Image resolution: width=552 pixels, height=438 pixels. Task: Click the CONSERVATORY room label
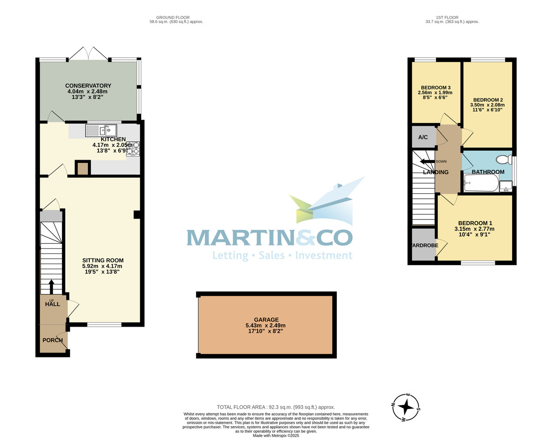88,86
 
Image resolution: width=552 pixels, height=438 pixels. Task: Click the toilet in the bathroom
504,160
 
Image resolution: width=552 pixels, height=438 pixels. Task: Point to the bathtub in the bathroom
481,183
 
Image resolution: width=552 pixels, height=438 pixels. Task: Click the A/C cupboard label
423,137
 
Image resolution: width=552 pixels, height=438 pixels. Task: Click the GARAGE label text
266,320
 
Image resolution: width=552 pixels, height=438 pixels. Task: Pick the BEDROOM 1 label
474,223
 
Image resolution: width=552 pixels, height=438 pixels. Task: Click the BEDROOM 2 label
488,100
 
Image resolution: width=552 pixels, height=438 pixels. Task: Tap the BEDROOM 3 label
436,87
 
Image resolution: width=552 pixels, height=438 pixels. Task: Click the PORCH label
52,340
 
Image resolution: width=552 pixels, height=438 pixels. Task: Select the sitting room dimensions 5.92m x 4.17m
102,266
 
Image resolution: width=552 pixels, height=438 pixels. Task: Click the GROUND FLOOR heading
176,17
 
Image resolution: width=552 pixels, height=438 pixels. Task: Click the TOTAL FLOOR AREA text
276,407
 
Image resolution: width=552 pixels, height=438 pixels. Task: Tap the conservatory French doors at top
89,53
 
